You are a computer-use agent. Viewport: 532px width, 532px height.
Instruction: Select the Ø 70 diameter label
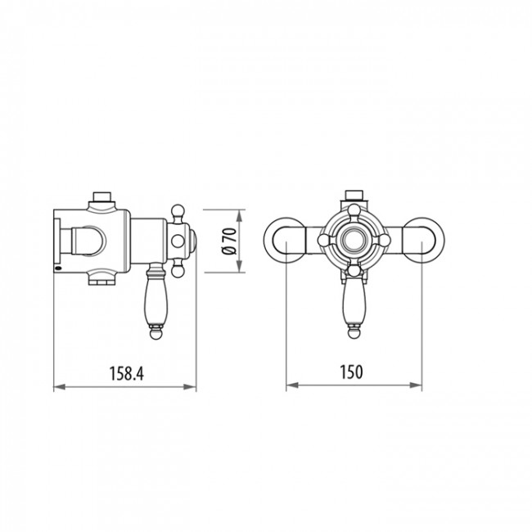(x=229, y=243)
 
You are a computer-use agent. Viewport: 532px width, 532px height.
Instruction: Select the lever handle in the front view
(x=354, y=299)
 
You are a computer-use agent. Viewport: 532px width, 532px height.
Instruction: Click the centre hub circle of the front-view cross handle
(x=354, y=241)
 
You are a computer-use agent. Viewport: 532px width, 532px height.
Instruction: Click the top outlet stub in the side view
(x=102, y=196)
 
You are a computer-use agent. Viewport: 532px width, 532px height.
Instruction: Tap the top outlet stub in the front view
(x=354, y=196)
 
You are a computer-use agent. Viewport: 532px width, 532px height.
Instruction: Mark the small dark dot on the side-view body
(x=57, y=268)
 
